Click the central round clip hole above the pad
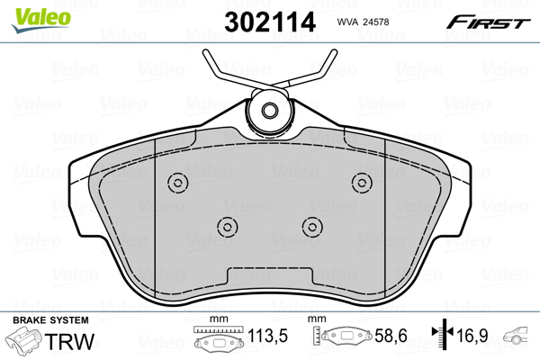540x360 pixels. click(268, 112)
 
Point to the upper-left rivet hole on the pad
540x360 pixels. click(176, 184)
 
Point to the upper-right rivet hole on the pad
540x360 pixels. click(362, 184)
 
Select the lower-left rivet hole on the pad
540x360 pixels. click(228, 226)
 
